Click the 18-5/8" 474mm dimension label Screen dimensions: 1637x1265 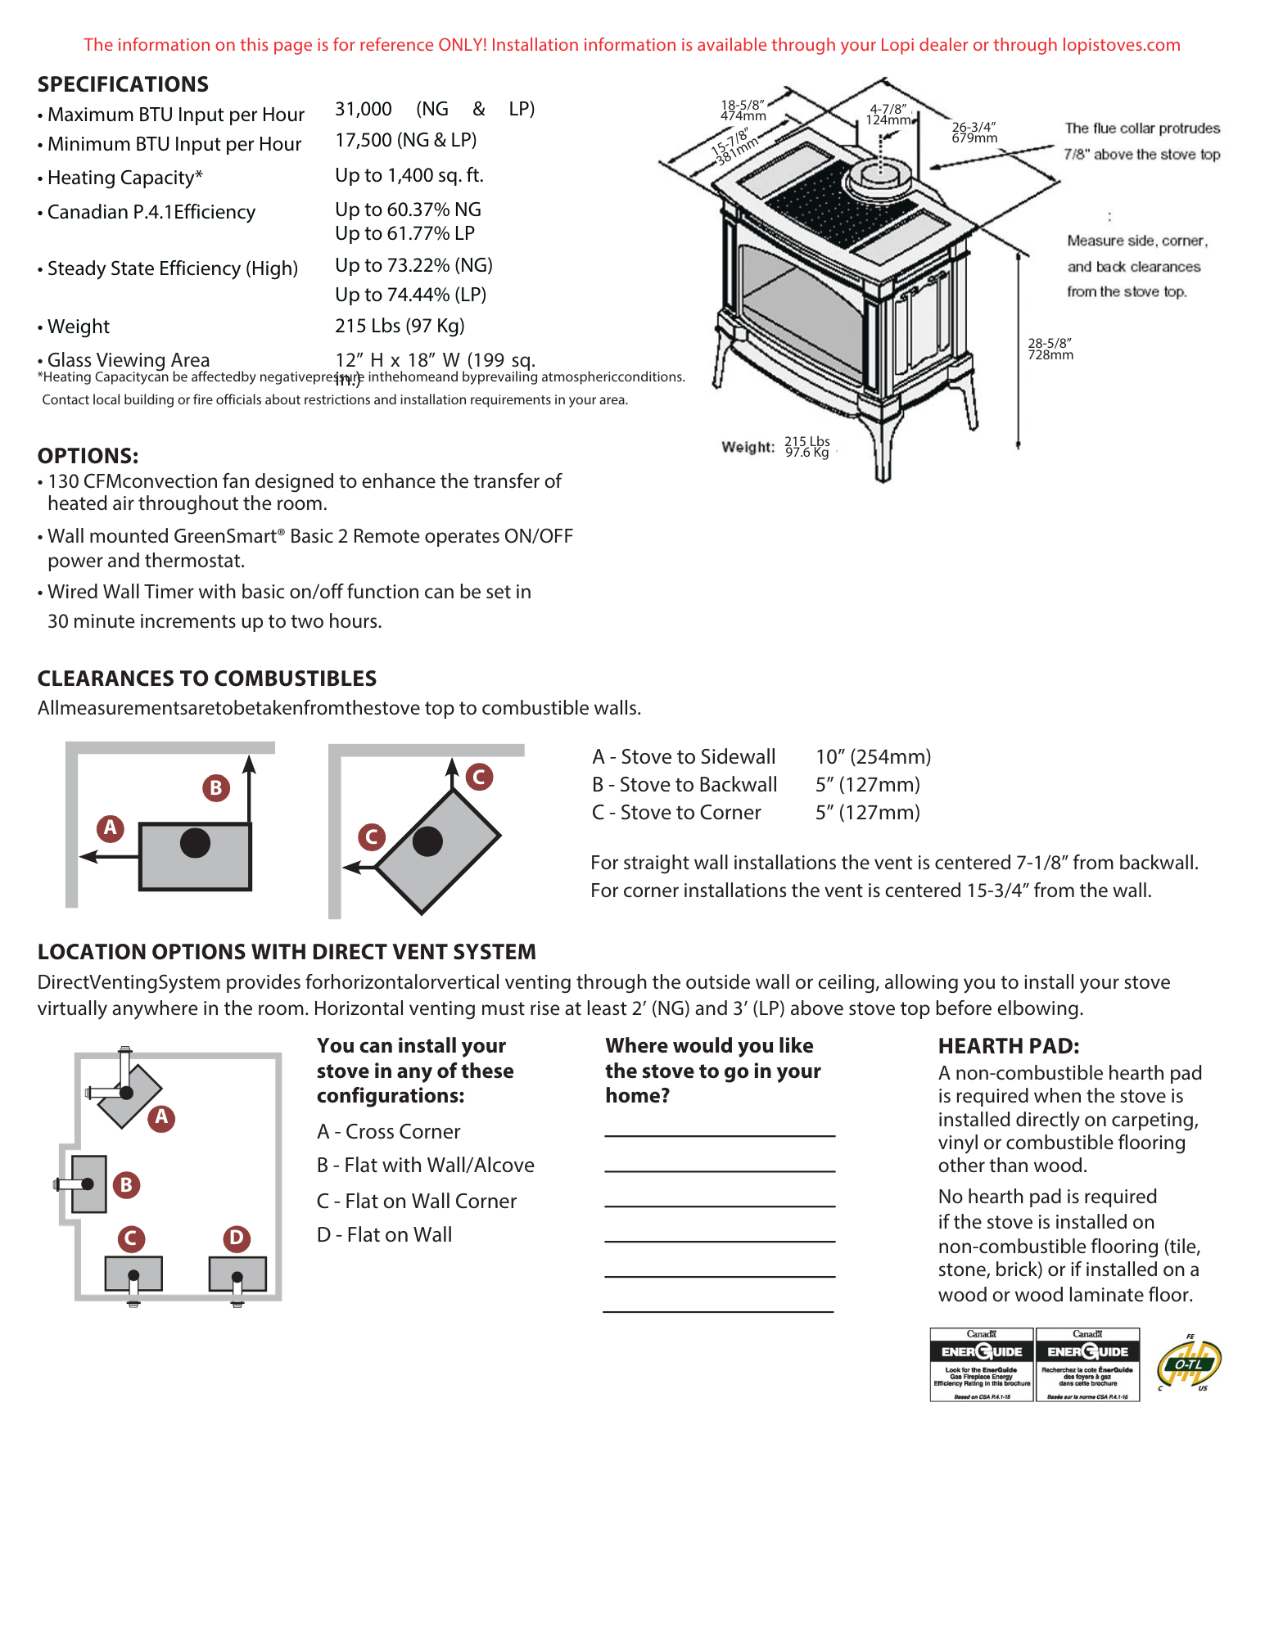click(743, 110)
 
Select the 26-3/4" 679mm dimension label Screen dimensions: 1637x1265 click(974, 133)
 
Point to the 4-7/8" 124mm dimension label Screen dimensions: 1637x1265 click(888, 115)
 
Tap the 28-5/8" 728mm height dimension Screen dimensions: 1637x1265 click(1050, 349)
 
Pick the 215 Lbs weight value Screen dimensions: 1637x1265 click(807, 441)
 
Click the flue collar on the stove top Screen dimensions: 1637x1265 click(881, 178)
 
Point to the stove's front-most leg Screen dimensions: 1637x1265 click(882, 458)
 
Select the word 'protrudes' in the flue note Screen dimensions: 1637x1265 click(1190, 129)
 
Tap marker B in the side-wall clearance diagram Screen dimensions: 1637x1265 click(216, 787)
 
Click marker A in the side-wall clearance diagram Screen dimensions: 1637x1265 click(111, 828)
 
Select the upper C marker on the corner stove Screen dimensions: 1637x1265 click(479, 777)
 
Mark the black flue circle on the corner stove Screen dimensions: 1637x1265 click(427, 841)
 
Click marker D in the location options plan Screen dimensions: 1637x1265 click(237, 1237)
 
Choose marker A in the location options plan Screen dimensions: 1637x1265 click(161, 1116)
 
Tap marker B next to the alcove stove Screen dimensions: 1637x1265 click(126, 1184)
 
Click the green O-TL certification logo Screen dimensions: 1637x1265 click(1190, 1365)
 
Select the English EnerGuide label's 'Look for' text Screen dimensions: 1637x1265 click(982, 1369)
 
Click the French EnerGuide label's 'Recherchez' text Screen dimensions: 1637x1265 click(1087, 1369)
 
